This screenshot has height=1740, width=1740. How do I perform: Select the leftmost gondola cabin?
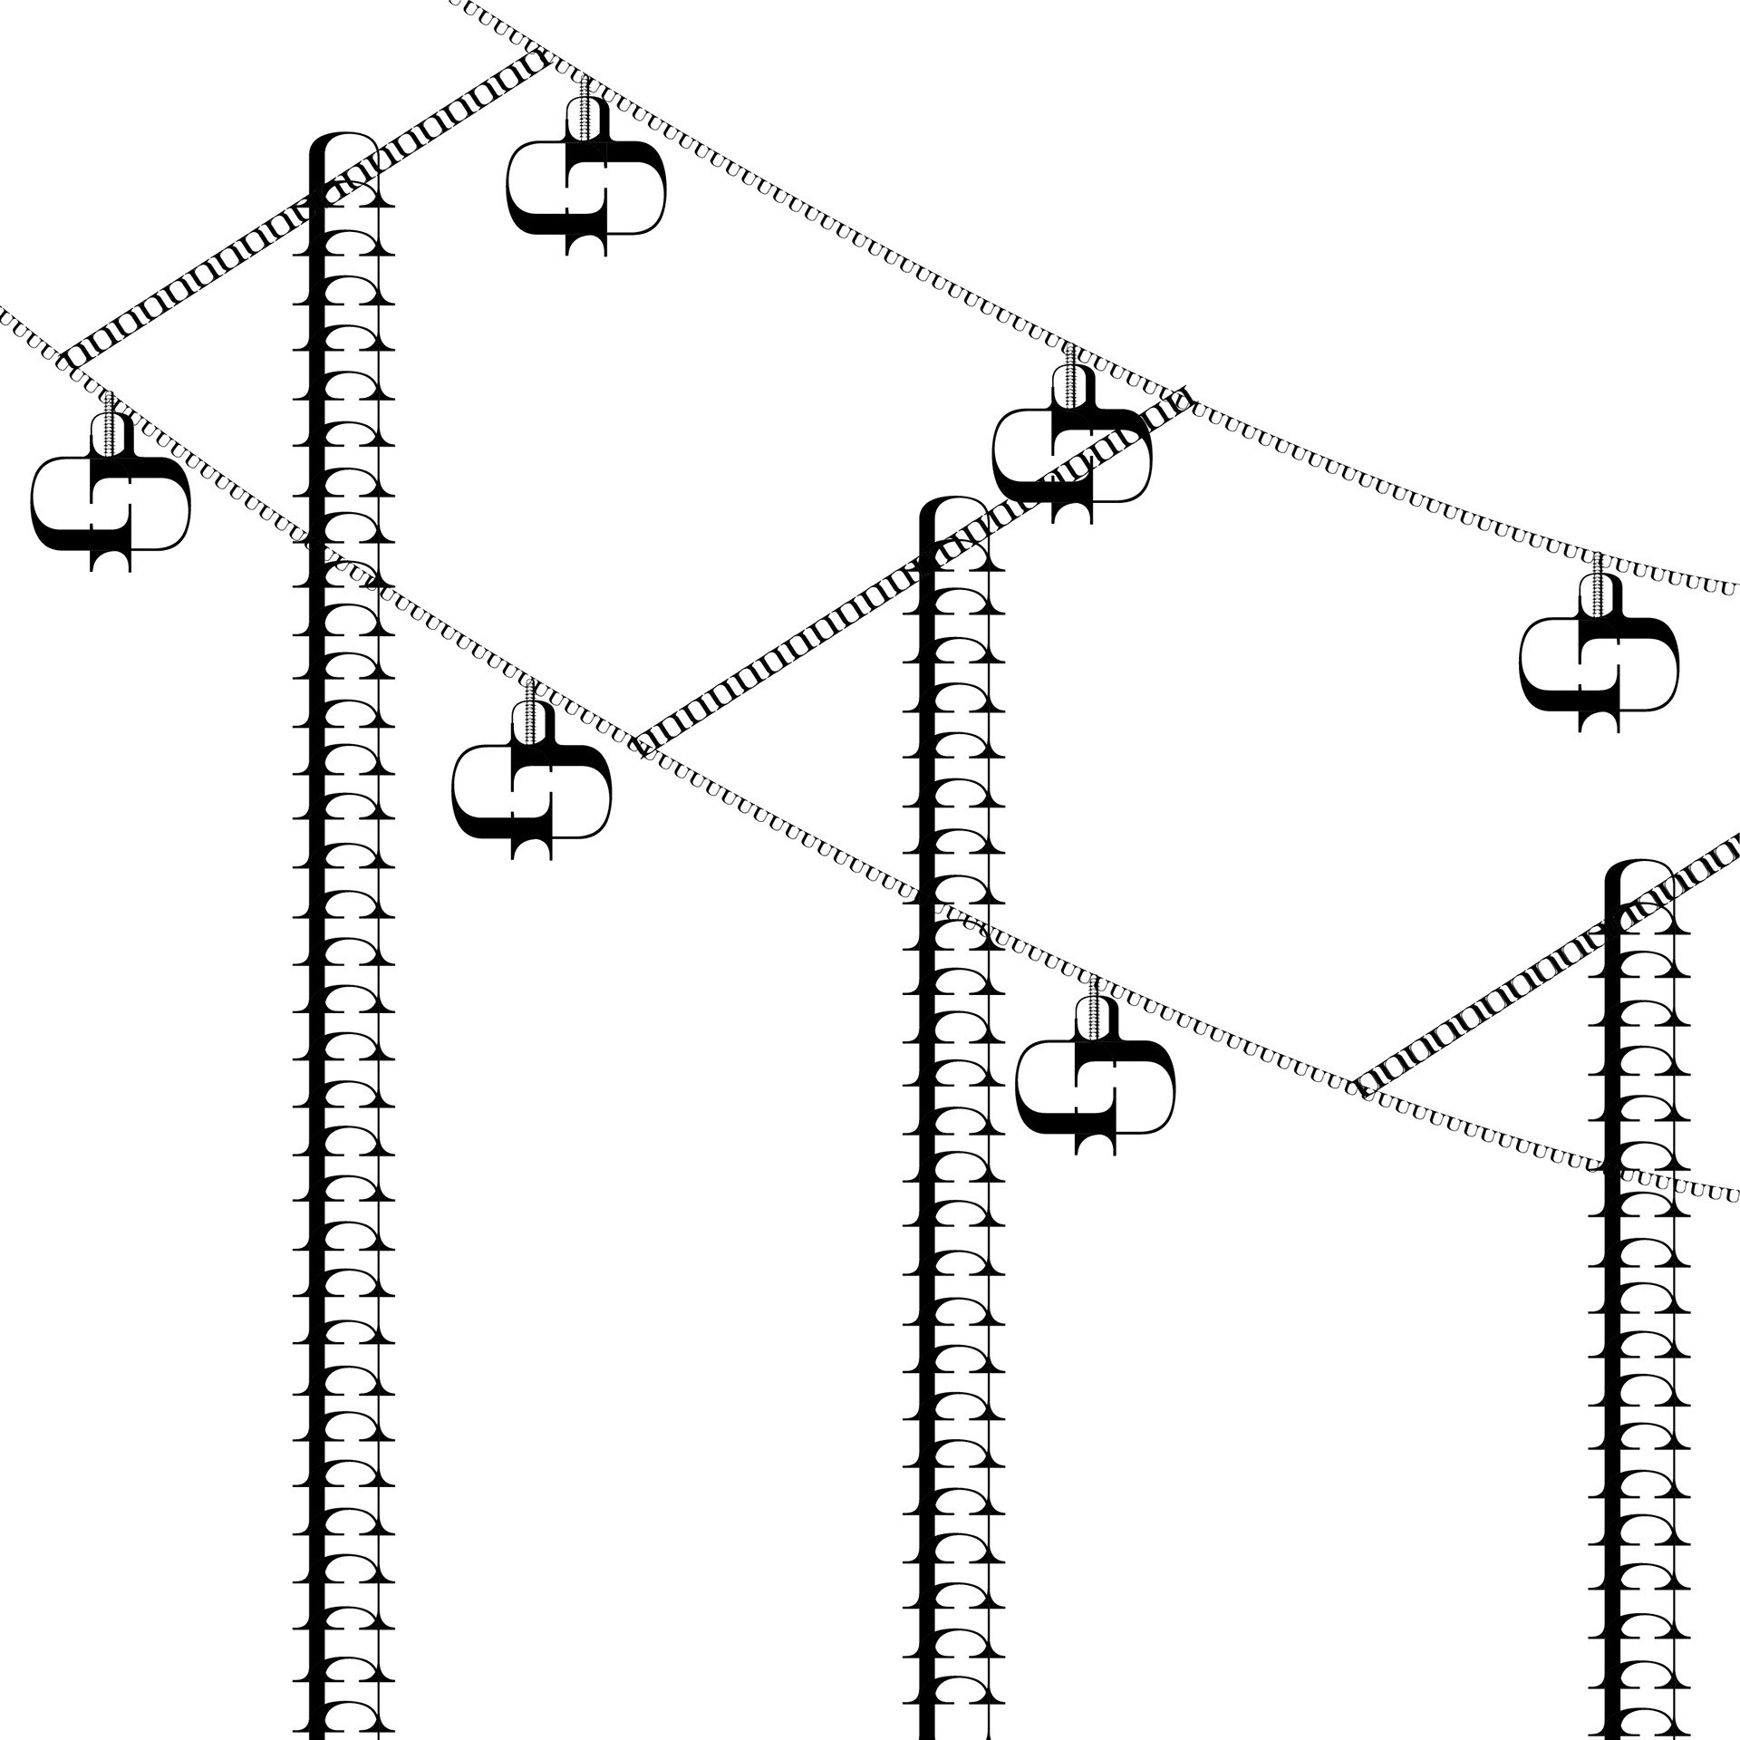[x=111, y=503]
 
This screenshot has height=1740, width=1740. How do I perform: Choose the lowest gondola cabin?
[x=1095, y=1087]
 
